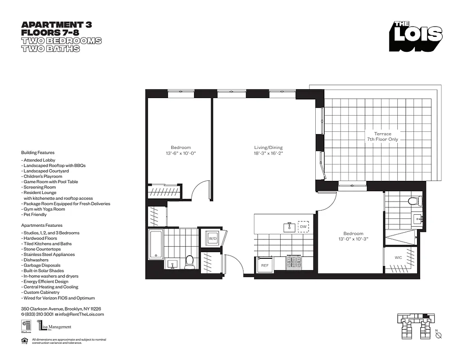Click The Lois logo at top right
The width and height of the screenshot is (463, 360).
click(x=416, y=36)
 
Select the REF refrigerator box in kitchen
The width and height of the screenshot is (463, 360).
click(x=265, y=265)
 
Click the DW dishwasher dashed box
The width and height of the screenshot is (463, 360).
click(x=303, y=227)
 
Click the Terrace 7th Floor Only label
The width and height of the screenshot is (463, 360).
click(x=379, y=136)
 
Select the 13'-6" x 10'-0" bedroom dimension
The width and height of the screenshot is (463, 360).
click(x=180, y=153)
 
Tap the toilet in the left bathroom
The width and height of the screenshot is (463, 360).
click(x=190, y=261)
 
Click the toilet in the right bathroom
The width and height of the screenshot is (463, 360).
click(x=413, y=201)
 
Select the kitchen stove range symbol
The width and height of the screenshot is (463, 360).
click(x=294, y=262)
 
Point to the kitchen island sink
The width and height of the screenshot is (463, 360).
click(x=289, y=227)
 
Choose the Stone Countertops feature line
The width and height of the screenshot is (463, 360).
click(x=41, y=249)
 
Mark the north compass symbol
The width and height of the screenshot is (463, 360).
click(x=438, y=335)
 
